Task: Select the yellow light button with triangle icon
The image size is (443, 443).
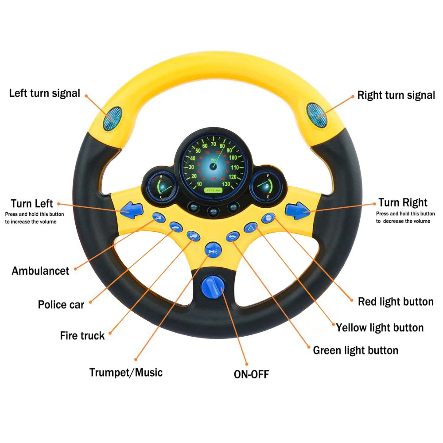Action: pyautogui.click(x=251, y=228)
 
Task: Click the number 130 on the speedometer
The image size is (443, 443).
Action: pyautogui.click(x=226, y=184)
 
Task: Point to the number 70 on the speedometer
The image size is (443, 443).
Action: pyautogui.click(x=214, y=144)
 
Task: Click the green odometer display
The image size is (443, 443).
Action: pyautogui.click(x=212, y=190)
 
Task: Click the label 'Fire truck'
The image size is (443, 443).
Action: pyautogui.click(x=82, y=336)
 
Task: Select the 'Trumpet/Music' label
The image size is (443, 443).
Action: pyautogui.click(x=126, y=372)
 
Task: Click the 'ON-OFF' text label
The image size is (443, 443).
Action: pyautogui.click(x=251, y=374)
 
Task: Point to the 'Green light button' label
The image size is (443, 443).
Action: pyautogui.click(x=355, y=350)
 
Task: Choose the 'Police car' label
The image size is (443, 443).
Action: pyautogui.click(x=61, y=305)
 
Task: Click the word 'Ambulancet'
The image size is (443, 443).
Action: pyautogui.click(x=40, y=271)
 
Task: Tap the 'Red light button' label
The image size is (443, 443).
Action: pyautogui.click(x=395, y=302)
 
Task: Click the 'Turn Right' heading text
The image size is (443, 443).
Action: pyautogui.click(x=403, y=203)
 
